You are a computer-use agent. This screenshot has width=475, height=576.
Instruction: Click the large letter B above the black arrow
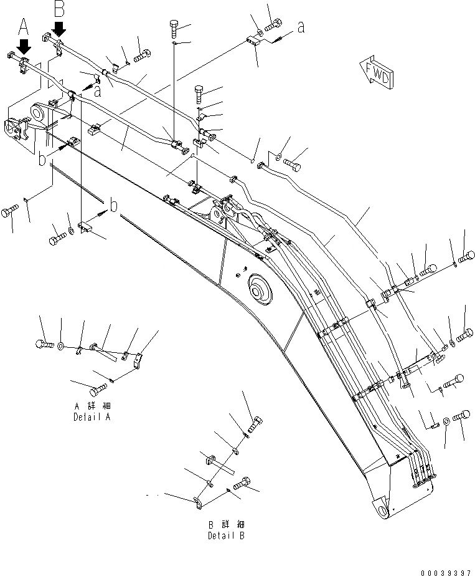click(59, 9)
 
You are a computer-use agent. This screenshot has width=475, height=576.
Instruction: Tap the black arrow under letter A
click(24, 46)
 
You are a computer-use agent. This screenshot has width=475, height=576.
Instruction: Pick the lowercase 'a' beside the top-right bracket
click(301, 27)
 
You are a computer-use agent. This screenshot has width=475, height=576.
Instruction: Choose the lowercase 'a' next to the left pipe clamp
click(98, 90)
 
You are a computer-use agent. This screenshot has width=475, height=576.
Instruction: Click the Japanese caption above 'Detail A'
click(92, 406)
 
